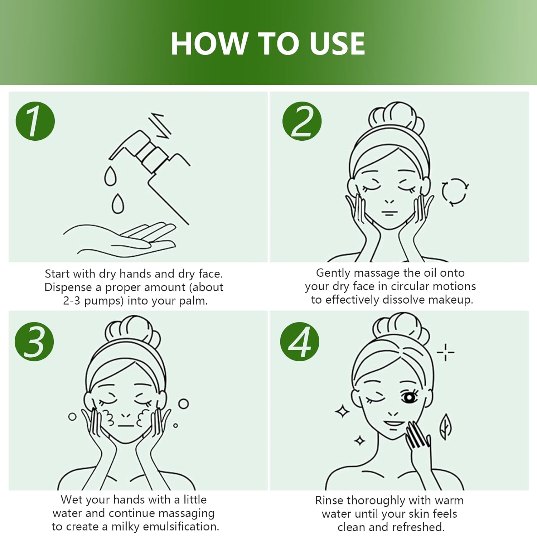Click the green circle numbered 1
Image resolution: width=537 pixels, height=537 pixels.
[x=35, y=121]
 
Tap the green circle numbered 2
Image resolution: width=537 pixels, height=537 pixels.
[x=302, y=121]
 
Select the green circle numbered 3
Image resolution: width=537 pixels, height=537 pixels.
[x=34, y=341]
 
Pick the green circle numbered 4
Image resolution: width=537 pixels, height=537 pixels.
[x=300, y=341]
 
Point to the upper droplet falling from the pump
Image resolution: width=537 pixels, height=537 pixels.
[x=110, y=175]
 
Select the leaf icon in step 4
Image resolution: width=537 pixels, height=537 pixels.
[x=445, y=427]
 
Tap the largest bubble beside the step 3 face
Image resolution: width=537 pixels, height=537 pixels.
[x=184, y=404]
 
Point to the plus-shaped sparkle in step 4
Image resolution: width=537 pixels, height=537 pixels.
[x=445, y=352]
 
